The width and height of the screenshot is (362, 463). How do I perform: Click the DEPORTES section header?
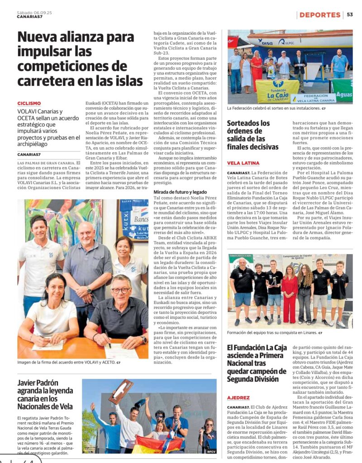pos(319,15)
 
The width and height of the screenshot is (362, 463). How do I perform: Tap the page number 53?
pos(350,15)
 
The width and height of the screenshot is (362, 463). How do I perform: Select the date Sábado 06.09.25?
pos(34,13)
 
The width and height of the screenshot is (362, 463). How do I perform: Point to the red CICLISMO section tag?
pos(29,104)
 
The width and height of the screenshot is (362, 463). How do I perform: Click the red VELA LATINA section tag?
pos(243,163)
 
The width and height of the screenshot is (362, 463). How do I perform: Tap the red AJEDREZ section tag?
pos(238,397)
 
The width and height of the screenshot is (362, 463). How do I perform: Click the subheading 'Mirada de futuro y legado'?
pos(180,192)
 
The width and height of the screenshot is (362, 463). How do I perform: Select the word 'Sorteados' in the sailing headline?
pos(248,123)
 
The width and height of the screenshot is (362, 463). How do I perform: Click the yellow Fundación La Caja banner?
pos(277,91)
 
